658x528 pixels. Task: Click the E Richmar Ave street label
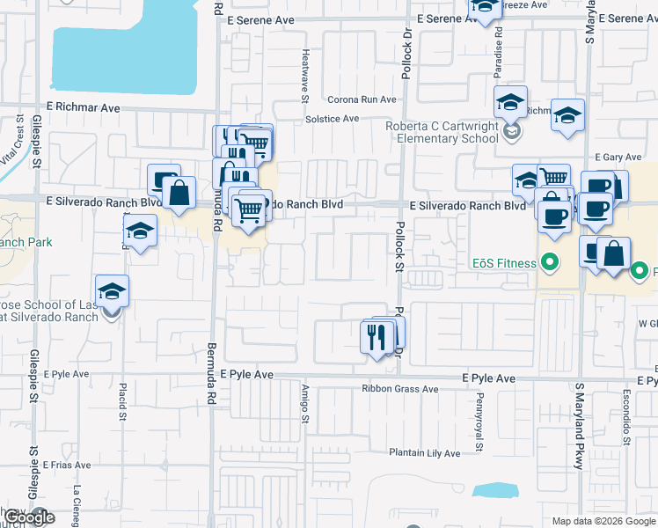84,106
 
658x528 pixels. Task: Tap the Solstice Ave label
332,118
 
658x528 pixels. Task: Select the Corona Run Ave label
362,99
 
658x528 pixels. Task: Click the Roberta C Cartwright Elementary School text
442,132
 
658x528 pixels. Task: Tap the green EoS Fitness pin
551,261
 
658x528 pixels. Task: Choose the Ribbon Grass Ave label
399,389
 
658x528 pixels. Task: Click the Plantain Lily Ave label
425,453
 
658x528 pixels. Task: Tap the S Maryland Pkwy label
580,426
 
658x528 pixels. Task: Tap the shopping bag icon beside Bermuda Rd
179,193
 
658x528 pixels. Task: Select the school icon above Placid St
139,231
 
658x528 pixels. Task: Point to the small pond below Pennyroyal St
494,491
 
